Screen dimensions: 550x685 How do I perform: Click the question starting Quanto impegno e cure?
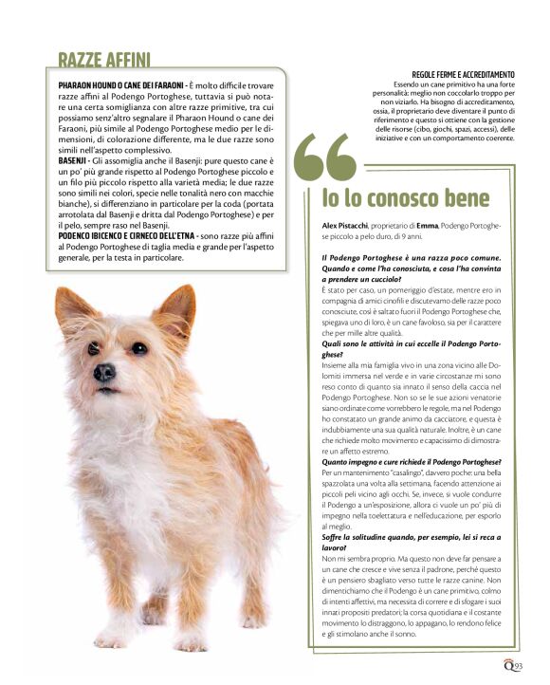pos(409,460)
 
